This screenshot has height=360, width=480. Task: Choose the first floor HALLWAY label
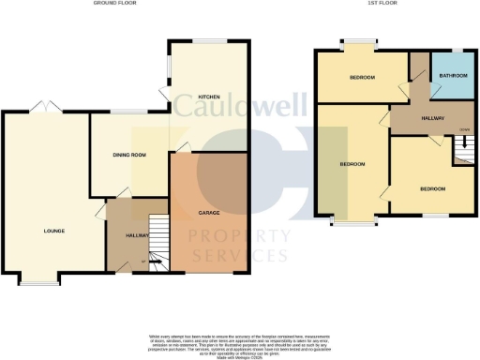click(432, 117)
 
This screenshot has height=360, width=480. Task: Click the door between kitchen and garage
click(184, 146)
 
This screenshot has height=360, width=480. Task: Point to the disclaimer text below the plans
click(239, 342)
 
